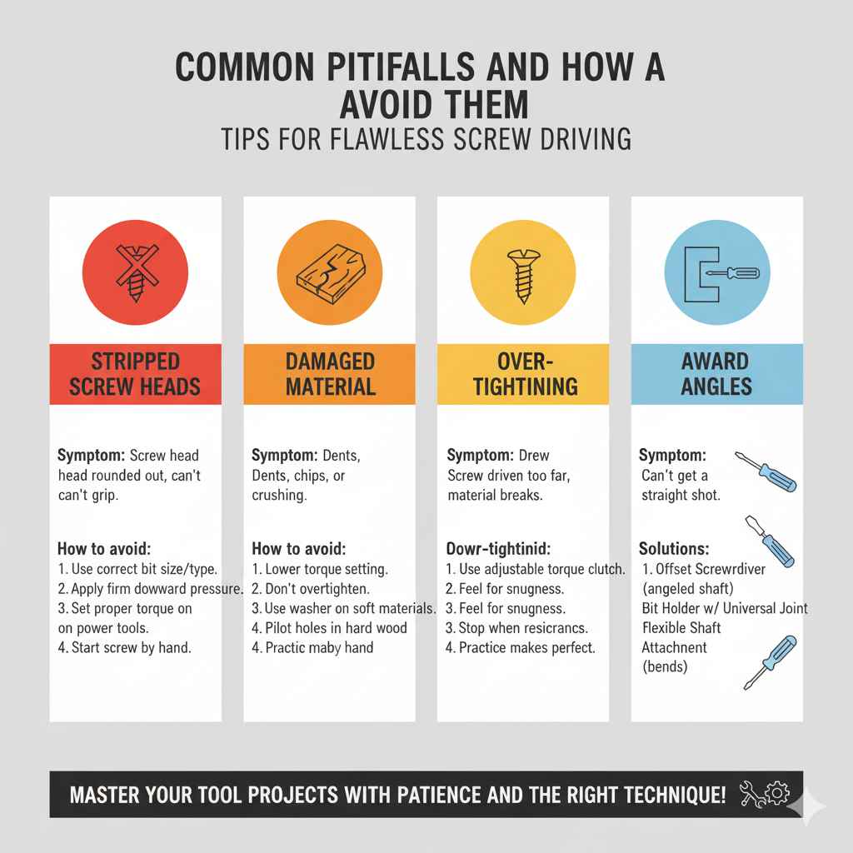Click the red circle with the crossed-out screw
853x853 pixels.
pos(136,267)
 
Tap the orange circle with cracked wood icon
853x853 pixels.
pos(329,267)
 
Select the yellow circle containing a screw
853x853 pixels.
pos(522,267)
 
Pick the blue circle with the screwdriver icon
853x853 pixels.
pos(716,267)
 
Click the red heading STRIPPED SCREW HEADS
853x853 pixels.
pos(136,374)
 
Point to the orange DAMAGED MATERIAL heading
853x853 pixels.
pos(329,374)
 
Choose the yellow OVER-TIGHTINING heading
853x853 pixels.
pos(523,374)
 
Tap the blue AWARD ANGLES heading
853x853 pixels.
pos(716,374)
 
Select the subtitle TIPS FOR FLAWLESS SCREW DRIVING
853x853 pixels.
pos(426,138)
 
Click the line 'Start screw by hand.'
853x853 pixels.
pos(130,646)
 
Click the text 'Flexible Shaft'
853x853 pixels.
pos(682,628)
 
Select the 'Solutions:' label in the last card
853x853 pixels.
pos(674,551)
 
